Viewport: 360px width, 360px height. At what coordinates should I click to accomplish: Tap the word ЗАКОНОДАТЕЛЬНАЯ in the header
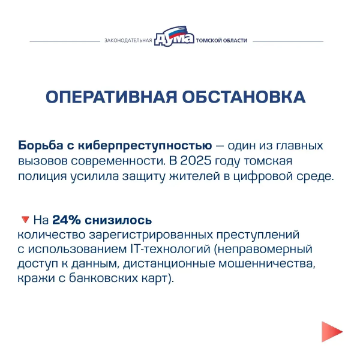pos(128,41)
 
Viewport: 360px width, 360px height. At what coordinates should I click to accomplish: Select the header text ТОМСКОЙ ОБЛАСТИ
pos(220,41)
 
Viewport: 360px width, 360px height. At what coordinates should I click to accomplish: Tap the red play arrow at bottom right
pos(331,331)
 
